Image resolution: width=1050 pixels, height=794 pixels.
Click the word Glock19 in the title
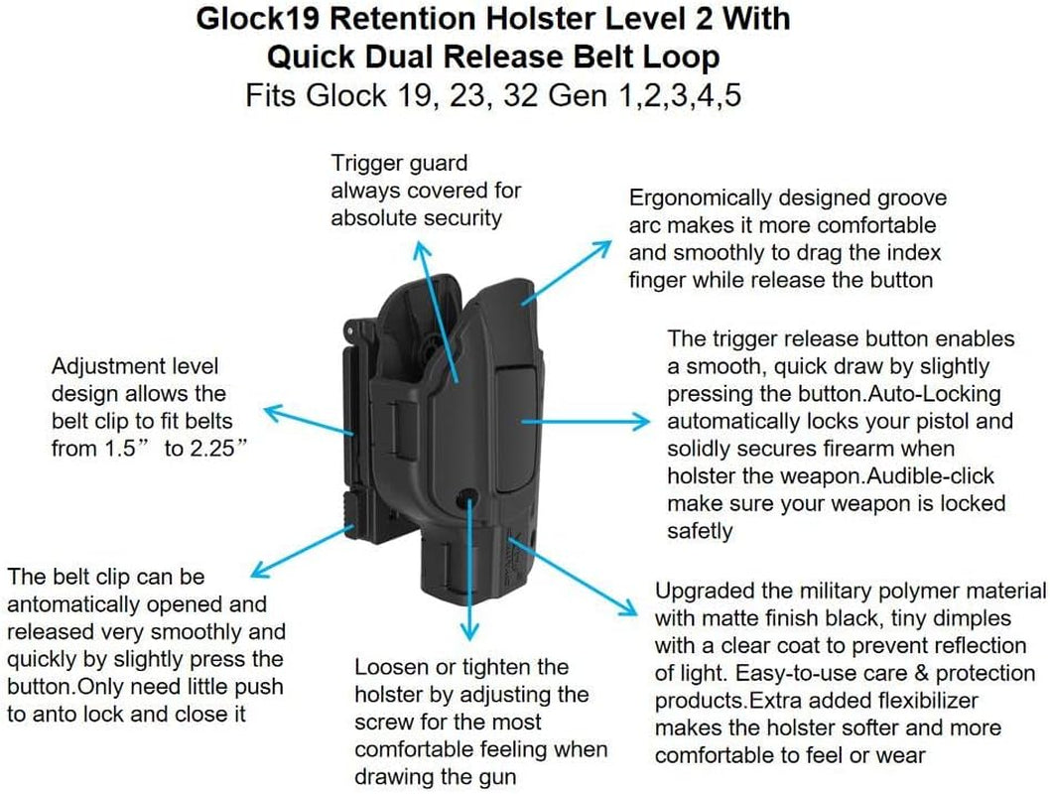[258, 18]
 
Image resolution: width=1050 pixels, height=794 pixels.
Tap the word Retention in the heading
[403, 18]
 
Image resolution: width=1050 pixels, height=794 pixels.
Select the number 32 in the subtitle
[521, 95]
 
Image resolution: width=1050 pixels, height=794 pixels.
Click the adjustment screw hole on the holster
[466, 497]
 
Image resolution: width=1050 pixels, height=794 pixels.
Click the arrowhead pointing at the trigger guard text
[421, 252]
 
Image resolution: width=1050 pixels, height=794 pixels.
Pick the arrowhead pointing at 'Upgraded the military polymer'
[627, 606]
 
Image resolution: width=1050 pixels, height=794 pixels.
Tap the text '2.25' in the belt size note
[211, 448]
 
